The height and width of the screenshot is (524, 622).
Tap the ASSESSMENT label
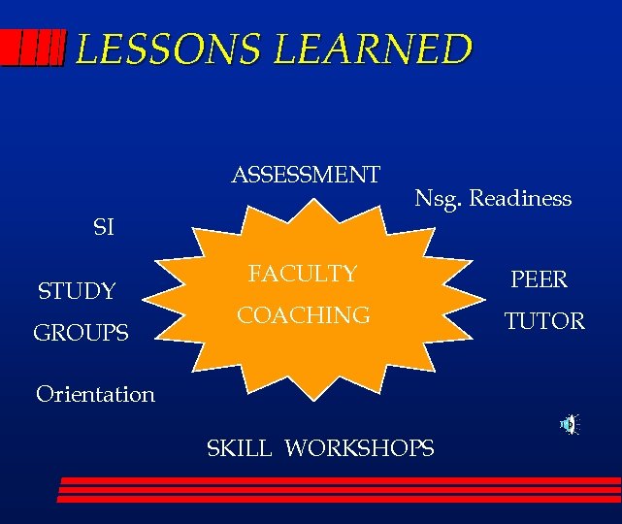pyautogui.click(x=306, y=175)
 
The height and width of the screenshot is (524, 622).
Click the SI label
pyautogui.click(x=103, y=228)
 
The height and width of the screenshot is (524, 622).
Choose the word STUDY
pyautogui.click(x=77, y=290)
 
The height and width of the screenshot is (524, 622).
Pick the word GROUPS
pyautogui.click(x=81, y=333)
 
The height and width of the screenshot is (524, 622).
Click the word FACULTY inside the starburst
pyautogui.click(x=303, y=274)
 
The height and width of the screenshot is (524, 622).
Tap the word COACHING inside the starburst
pyautogui.click(x=304, y=315)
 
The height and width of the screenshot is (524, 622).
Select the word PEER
pyautogui.click(x=539, y=279)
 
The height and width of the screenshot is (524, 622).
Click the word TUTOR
pyautogui.click(x=544, y=320)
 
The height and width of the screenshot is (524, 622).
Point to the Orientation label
pyautogui.click(x=95, y=394)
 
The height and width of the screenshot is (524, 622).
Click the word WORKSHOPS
pyautogui.click(x=360, y=447)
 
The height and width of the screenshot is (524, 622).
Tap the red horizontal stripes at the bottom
pyautogui.click(x=340, y=489)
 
